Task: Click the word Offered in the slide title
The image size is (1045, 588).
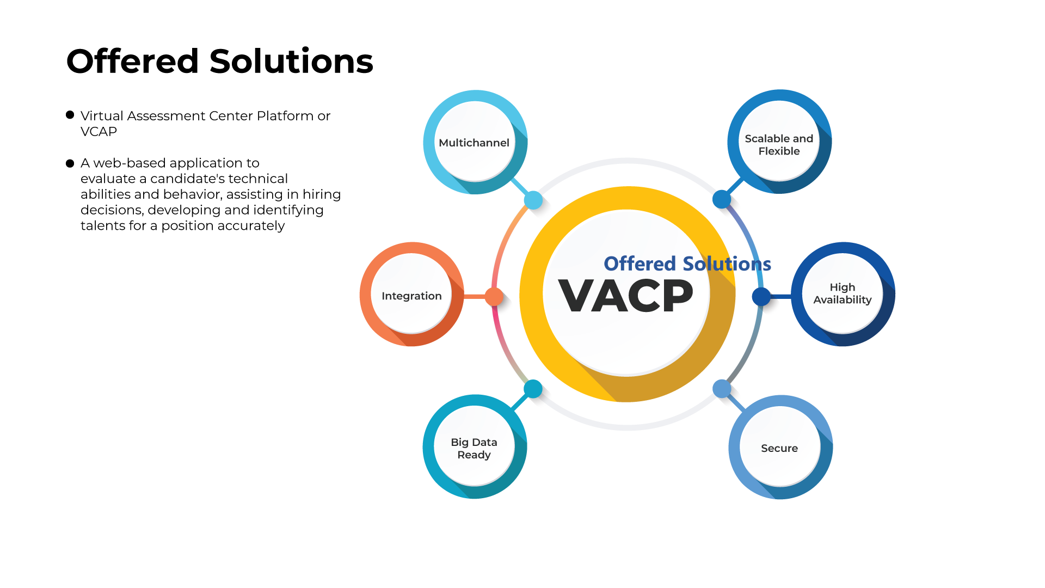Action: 133,61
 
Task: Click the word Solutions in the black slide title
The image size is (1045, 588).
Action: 291,61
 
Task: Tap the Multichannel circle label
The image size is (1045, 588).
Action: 474,143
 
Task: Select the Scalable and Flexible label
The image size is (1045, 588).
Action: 779,145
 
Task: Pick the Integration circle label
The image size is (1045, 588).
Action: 411,296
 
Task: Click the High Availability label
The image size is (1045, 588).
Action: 843,293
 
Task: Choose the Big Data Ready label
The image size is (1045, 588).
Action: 474,448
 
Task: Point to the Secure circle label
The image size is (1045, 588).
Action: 779,448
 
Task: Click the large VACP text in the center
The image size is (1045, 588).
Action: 626,296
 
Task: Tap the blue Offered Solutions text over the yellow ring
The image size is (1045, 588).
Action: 687,264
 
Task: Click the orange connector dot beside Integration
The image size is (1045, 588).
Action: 494,297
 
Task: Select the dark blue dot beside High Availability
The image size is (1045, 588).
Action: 761,297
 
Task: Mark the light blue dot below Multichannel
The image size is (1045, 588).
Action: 533,200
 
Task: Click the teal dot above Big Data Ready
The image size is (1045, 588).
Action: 533,389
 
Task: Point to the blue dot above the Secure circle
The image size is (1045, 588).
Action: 722,389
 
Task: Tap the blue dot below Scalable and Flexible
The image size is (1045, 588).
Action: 722,199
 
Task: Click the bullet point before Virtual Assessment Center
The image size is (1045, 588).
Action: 70,115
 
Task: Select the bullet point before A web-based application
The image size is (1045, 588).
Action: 70,163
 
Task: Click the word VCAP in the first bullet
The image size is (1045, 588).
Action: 99,132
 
